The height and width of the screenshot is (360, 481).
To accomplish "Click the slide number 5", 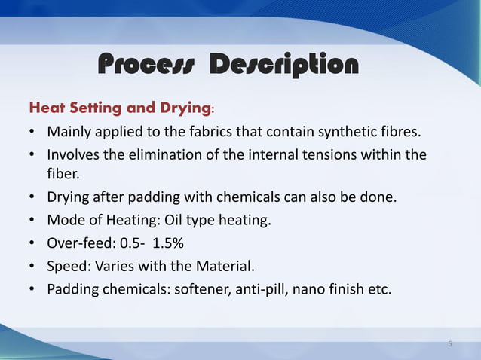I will (450, 343).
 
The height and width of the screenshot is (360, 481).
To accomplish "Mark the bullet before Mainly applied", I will (32, 133).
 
